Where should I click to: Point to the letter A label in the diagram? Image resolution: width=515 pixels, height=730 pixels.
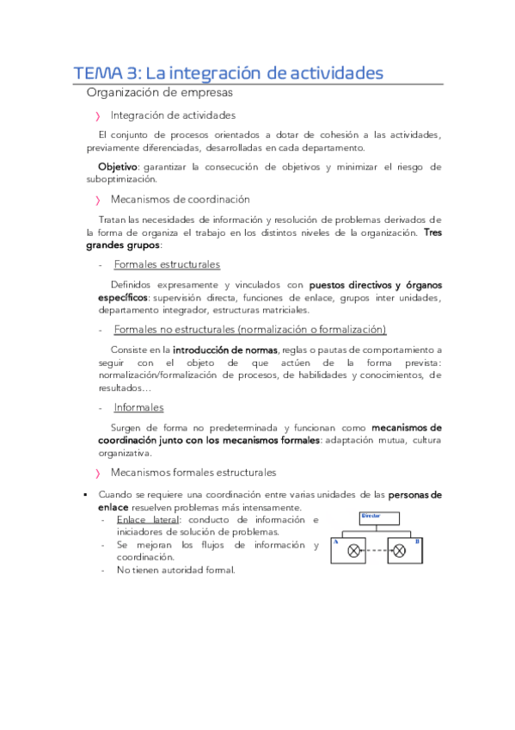335,541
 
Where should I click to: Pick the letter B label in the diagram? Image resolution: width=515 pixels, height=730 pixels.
417,541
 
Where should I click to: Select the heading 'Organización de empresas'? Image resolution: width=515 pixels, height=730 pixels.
159,92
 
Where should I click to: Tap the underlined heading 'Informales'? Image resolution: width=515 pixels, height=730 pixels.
138,407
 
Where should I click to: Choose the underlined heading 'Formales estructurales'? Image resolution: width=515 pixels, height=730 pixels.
167,264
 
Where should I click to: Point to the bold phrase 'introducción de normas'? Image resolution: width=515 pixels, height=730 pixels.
225,350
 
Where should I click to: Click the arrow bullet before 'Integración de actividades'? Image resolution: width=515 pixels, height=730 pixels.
98,115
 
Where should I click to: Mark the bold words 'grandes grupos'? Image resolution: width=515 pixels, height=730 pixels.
123,245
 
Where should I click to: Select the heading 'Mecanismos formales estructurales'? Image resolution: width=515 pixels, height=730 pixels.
193,473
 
